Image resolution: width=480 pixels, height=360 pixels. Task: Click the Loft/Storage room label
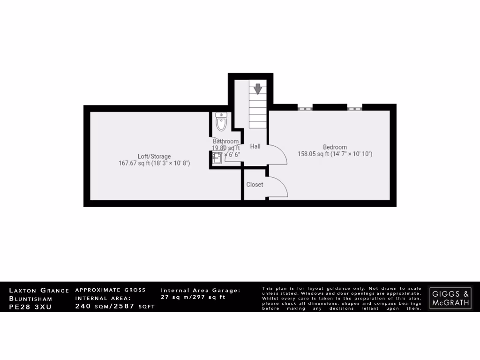(154, 156)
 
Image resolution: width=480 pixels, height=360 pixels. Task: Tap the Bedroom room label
(335, 147)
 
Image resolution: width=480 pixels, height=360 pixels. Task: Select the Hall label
(255, 147)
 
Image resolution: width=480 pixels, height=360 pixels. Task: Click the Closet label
(255, 185)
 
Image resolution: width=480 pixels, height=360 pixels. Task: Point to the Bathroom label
(225, 141)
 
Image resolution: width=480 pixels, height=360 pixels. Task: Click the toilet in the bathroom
(221, 122)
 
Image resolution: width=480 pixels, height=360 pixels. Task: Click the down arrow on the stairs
(257, 88)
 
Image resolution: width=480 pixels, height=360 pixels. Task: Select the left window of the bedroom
(305, 108)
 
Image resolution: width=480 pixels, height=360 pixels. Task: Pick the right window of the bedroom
(354, 108)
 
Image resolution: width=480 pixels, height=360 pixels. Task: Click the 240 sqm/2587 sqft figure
(115, 306)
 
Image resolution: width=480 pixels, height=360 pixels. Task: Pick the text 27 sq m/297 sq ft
(193, 297)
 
